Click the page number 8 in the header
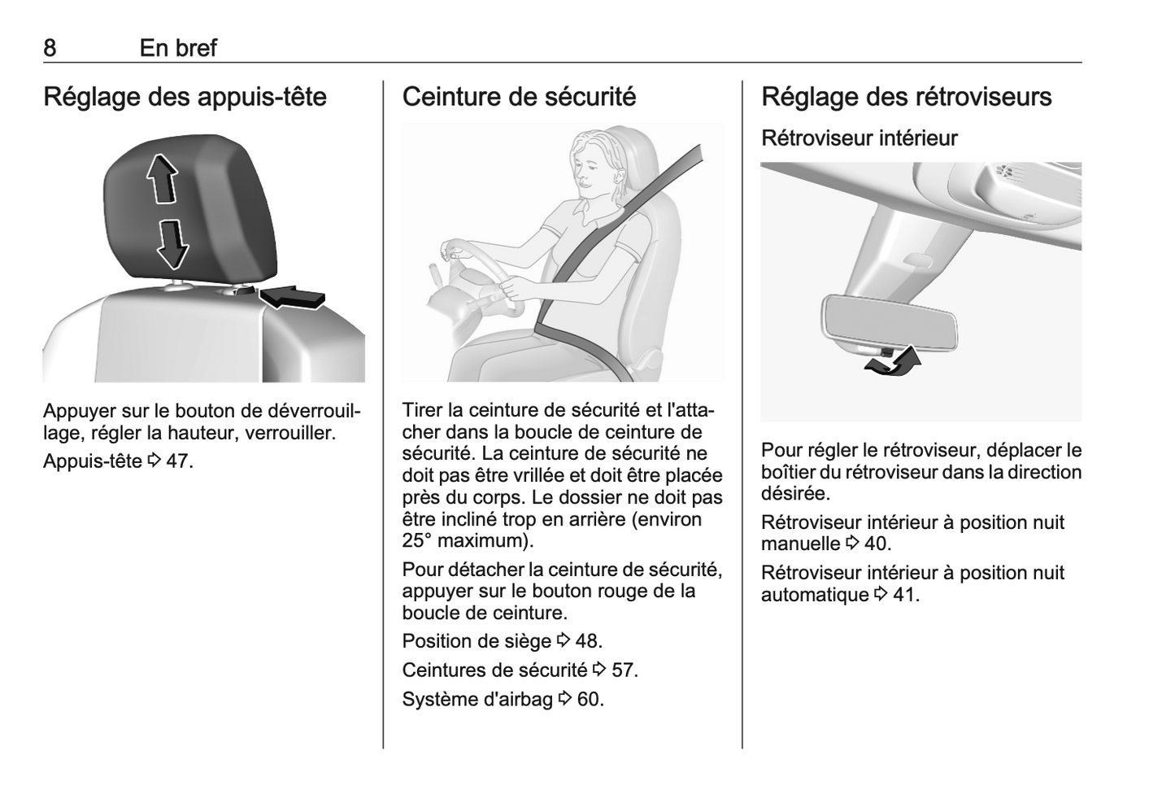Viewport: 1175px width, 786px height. coord(50,48)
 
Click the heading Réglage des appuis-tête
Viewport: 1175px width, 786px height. coord(185,97)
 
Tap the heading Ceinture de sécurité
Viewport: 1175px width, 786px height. coord(519,97)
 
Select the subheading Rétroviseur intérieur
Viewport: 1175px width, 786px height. coord(859,138)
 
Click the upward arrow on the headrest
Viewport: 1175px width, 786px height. coord(162,180)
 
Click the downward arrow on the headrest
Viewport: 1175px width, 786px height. coord(173,244)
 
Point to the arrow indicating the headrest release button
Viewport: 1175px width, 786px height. coord(293,297)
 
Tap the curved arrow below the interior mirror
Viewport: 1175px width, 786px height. coord(893,363)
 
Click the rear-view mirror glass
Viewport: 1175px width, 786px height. coord(890,324)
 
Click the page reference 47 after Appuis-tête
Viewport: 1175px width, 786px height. coord(177,461)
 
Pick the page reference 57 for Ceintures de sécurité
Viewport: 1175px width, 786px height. coord(622,670)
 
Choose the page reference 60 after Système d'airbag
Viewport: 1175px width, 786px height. coord(588,700)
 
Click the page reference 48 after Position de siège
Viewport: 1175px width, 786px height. coord(586,641)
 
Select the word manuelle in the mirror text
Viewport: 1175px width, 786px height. coord(800,544)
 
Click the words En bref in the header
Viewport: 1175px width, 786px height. coord(178,48)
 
